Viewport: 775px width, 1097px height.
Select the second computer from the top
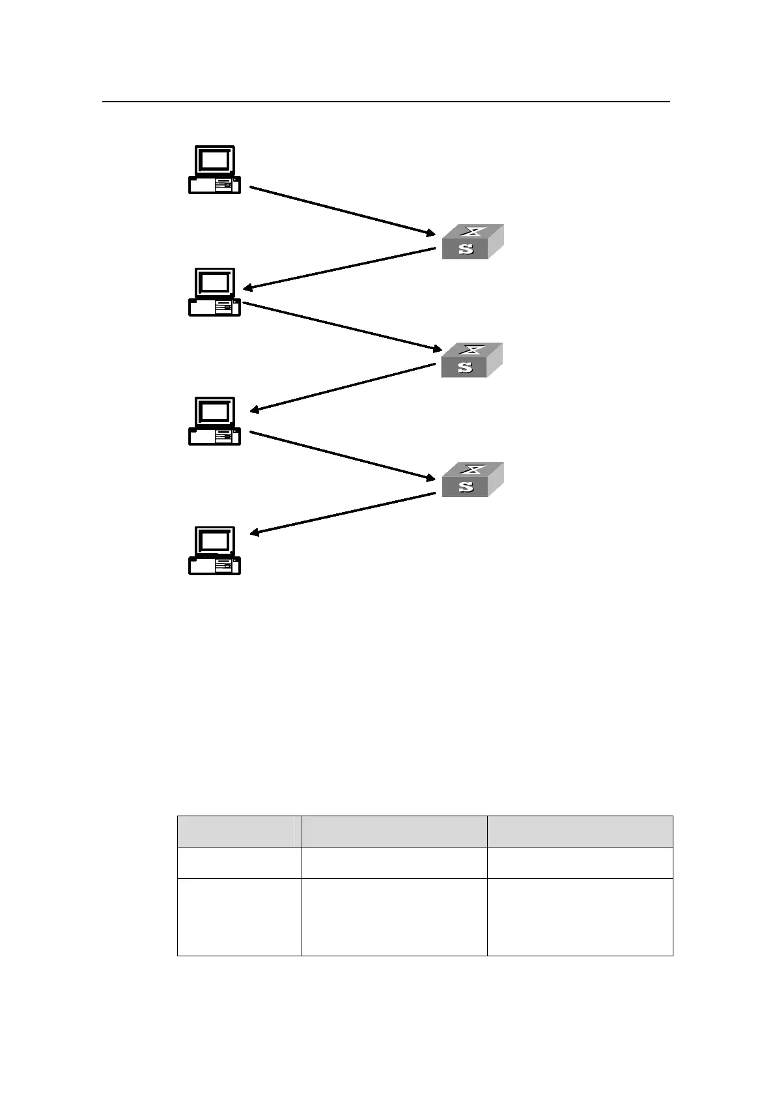click(x=214, y=292)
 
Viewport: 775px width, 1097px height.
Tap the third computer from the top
click(x=214, y=421)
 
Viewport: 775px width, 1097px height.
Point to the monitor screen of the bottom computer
click(x=214, y=541)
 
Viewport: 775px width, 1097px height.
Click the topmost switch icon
click(x=472, y=242)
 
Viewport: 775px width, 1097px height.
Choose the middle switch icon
click(x=472, y=360)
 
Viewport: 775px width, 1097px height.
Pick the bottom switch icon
click(x=472, y=479)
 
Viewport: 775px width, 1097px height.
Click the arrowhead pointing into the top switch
click(x=429, y=232)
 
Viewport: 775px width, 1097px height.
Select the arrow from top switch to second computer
click(x=339, y=268)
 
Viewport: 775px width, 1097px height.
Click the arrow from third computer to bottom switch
click(x=342, y=455)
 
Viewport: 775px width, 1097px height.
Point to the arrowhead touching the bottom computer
click(x=256, y=534)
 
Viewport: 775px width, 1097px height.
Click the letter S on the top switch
click(x=466, y=248)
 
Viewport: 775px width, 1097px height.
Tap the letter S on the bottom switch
click(x=466, y=486)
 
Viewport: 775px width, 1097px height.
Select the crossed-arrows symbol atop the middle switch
click(x=473, y=350)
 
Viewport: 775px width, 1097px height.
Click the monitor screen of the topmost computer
click(x=214, y=160)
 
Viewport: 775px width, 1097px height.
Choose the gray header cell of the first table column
click(x=239, y=831)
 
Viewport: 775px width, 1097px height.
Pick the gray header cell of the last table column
click(x=580, y=831)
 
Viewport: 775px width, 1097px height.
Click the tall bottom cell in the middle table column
click(x=394, y=917)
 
